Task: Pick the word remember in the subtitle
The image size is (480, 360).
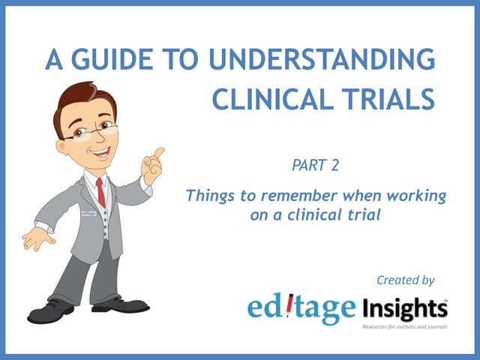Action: coord(289,197)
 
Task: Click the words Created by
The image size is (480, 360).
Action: coord(406,280)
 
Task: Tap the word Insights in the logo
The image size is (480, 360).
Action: coord(406,309)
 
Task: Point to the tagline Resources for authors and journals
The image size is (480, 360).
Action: coord(405,328)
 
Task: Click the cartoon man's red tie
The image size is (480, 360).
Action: coord(100,192)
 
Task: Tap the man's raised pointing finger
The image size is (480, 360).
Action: coord(158,153)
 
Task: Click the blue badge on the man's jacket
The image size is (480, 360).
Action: coord(88,214)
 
